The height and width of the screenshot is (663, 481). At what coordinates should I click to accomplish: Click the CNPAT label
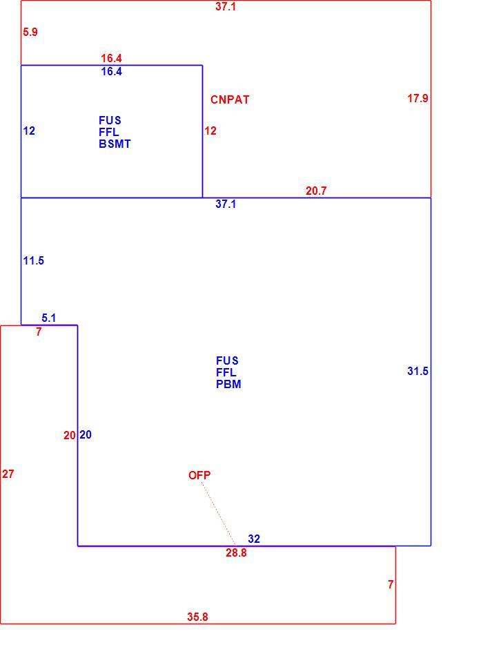(x=230, y=99)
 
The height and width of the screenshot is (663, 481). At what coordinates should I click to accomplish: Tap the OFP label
(x=199, y=475)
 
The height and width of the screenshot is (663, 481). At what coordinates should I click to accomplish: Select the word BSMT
(x=115, y=144)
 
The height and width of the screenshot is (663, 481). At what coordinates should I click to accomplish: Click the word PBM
(x=228, y=385)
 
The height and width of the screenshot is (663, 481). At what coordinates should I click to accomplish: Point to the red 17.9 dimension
(x=418, y=99)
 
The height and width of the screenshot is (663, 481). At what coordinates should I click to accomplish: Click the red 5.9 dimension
(x=30, y=32)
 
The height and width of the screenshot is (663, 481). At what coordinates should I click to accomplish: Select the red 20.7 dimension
(x=316, y=191)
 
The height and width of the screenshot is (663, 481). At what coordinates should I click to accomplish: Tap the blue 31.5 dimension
(x=418, y=372)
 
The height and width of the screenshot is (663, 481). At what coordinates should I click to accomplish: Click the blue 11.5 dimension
(x=33, y=260)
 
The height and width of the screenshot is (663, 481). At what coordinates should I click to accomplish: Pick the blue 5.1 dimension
(x=48, y=318)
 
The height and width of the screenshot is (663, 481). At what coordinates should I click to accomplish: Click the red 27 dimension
(x=8, y=474)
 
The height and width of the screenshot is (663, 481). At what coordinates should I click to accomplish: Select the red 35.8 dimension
(x=197, y=617)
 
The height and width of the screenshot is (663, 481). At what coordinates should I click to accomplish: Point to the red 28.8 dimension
(x=236, y=552)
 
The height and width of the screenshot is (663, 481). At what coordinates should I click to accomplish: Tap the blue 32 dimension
(x=253, y=539)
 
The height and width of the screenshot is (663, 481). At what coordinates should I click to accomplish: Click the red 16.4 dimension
(x=111, y=58)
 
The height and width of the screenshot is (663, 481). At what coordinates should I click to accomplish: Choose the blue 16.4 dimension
(x=111, y=71)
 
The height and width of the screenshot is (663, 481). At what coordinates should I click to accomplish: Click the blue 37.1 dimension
(x=226, y=204)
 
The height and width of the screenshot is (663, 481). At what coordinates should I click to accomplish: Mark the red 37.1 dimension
(x=226, y=6)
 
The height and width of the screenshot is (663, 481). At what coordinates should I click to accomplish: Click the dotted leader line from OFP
(x=219, y=513)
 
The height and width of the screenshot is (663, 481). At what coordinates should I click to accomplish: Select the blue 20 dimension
(x=86, y=434)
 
